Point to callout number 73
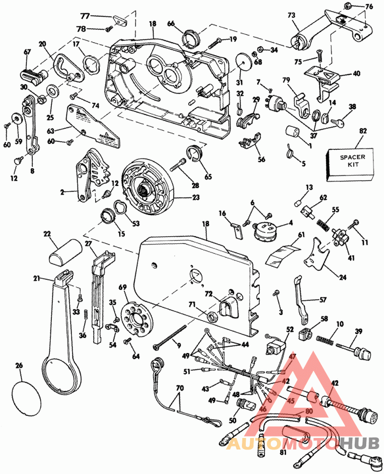(x=291, y=15)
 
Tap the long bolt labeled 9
(x=170, y=336)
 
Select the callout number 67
(x=27, y=52)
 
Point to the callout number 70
(x=180, y=387)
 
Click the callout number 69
(x=123, y=287)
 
